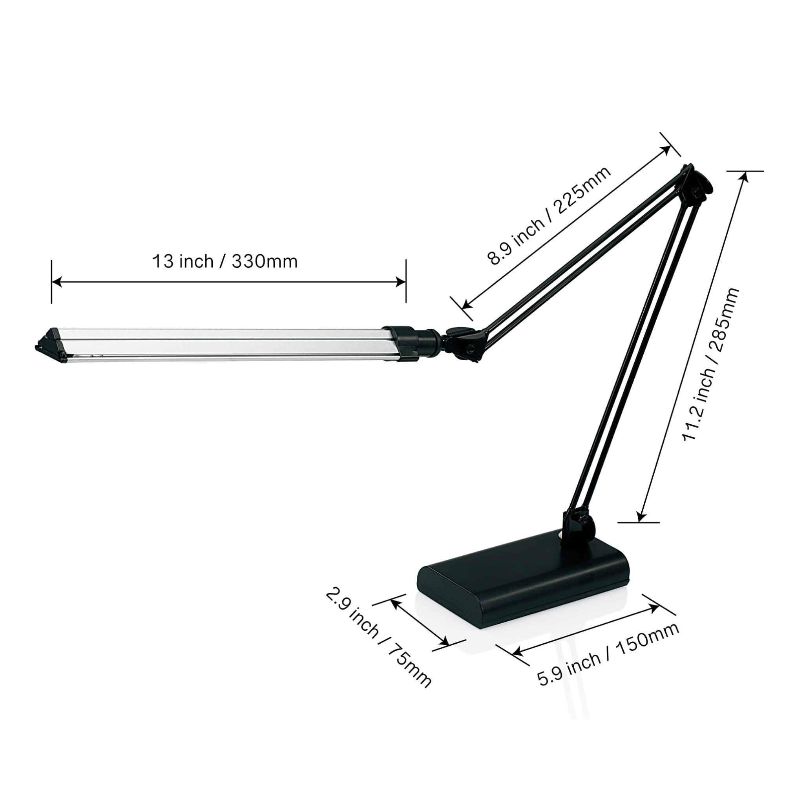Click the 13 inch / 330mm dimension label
click(225, 262)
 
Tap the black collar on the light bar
click(402, 343)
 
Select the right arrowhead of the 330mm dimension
click(401, 282)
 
